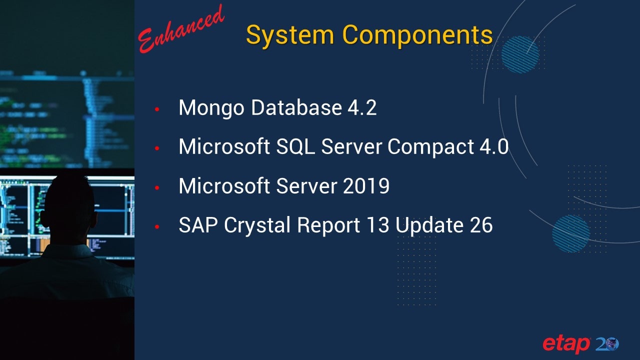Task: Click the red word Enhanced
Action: tap(181, 29)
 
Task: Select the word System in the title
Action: tap(290, 35)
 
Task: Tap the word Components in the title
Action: tap(417, 35)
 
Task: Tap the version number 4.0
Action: tap(494, 147)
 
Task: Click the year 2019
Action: tap(366, 186)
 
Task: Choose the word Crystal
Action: tap(257, 226)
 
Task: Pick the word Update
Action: tap(429, 226)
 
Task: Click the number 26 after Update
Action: tap(481, 225)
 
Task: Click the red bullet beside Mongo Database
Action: tap(157, 109)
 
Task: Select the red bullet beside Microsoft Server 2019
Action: tap(157, 187)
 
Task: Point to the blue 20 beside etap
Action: tap(607, 343)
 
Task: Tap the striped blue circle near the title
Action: tap(520, 54)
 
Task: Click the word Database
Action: tap(296, 107)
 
